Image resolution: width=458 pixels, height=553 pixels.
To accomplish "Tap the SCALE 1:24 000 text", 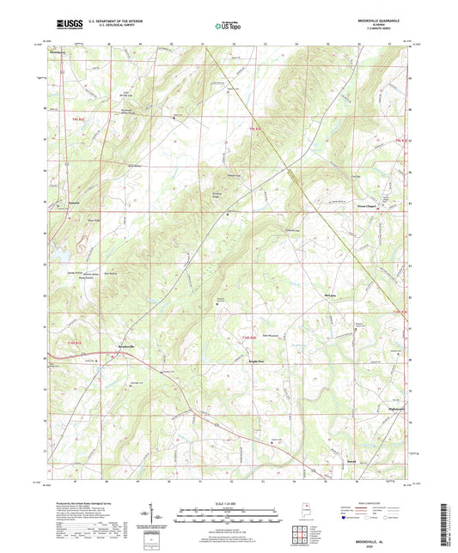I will click(228, 502).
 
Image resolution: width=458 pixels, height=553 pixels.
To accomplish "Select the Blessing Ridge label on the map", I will click(218, 193).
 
